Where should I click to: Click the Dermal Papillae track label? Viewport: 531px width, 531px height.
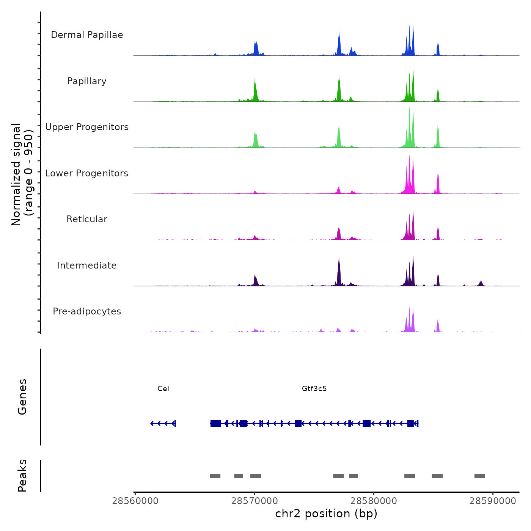(87, 35)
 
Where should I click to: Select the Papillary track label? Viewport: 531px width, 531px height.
(87, 81)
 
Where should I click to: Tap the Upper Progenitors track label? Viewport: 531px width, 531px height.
(87, 127)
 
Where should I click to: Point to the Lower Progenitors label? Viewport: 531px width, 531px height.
(87, 173)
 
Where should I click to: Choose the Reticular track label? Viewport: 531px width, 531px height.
(87, 219)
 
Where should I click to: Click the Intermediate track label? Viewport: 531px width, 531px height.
(87, 265)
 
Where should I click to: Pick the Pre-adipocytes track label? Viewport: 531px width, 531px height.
(87, 311)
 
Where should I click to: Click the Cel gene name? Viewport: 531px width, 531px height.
(163, 389)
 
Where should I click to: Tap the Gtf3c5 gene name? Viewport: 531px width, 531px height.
(314, 389)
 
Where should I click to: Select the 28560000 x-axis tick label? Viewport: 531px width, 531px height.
(135, 501)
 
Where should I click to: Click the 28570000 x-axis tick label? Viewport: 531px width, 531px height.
(255, 501)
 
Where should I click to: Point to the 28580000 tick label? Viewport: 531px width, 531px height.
(374, 501)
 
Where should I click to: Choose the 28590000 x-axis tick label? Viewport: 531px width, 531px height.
(493, 501)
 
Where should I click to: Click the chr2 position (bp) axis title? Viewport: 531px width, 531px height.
(326, 514)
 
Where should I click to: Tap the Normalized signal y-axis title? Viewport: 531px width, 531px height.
(22, 174)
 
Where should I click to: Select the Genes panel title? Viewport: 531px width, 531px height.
(22, 397)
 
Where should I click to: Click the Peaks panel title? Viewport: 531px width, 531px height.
(22, 476)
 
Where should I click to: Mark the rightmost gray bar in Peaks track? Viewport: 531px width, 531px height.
(480, 476)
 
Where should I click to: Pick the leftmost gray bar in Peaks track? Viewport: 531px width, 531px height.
(215, 476)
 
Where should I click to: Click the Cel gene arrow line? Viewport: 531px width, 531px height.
(163, 423)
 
